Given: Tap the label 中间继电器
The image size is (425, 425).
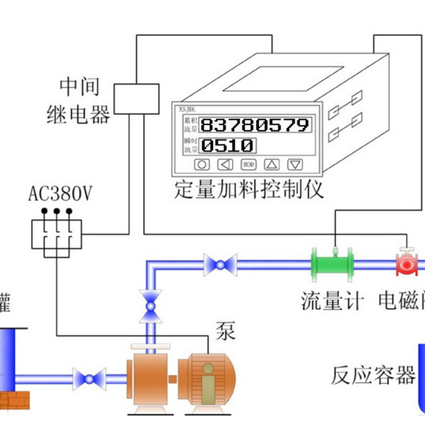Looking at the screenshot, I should point(79,101).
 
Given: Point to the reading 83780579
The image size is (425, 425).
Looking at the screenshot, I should point(254,125).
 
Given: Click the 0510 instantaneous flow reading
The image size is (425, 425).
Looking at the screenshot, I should point(228,146).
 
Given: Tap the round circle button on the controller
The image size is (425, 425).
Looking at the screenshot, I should point(202,165).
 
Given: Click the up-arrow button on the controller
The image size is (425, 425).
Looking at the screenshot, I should point(272,165).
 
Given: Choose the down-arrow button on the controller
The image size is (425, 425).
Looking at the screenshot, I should point(295,165).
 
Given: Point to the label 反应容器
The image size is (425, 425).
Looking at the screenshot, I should point(374,376).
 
